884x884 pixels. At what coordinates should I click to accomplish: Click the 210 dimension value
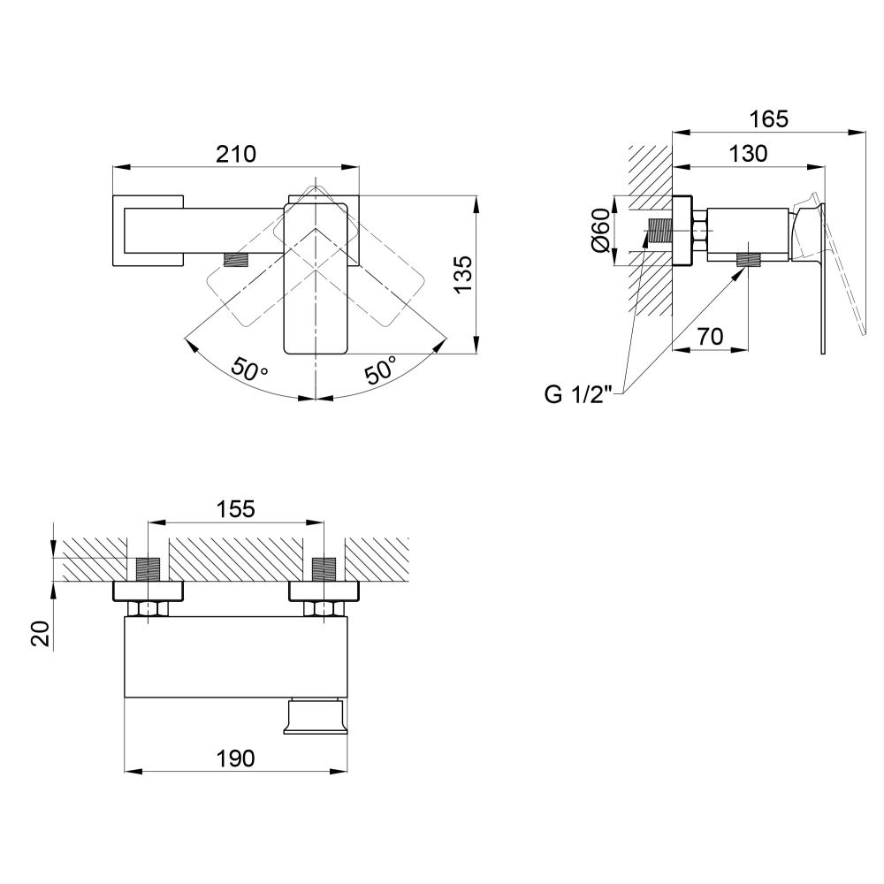pos(236,153)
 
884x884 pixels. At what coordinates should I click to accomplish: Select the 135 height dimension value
pos(463,274)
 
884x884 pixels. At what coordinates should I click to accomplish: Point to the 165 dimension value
pos(768,119)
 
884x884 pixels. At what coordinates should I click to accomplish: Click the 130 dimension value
pos(748,153)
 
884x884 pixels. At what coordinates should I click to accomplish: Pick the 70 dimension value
pos(711,336)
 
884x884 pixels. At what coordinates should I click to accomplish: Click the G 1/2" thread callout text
pos(578,394)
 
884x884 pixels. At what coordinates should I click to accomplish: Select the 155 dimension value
pos(236,508)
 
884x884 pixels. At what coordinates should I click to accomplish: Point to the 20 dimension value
pos(42,634)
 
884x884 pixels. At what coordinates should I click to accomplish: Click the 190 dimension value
pos(236,758)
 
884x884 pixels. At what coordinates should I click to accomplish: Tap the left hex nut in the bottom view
pos(149,609)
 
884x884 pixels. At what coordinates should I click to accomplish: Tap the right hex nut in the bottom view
pos(324,609)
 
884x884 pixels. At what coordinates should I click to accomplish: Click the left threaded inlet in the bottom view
pos(149,569)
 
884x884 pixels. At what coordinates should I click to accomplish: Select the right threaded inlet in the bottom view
pos(324,569)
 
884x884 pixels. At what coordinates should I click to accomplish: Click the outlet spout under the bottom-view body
pos(314,716)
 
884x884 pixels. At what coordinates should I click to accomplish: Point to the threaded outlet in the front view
pos(237,259)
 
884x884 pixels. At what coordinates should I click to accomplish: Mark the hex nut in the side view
pos(699,231)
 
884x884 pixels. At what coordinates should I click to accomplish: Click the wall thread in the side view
pos(660,231)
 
